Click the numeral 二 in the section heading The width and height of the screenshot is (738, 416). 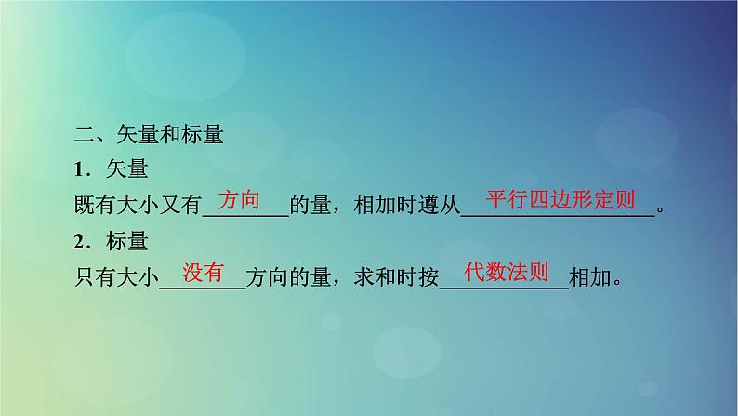coord(82,135)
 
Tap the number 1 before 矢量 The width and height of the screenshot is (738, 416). coord(80,170)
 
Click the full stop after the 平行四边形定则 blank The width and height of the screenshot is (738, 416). coord(661,210)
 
